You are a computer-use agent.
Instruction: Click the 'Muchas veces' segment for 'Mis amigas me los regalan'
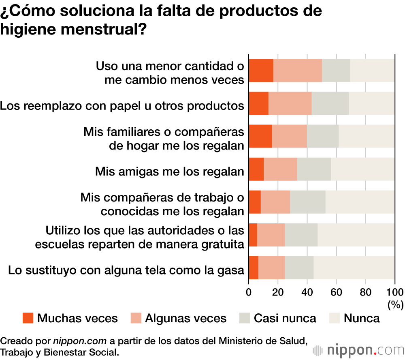coord(256,169)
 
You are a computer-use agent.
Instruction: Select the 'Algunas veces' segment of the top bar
coord(297,71)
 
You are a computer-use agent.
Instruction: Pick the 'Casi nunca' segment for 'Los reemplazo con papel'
coord(330,103)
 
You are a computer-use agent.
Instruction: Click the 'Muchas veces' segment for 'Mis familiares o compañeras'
coord(260,136)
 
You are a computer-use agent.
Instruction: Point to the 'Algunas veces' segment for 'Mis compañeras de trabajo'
coord(275,202)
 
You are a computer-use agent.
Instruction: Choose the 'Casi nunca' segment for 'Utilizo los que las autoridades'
coord(301,235)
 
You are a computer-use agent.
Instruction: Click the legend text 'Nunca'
coord(362,318)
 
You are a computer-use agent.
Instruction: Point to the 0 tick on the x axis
coord(249,293)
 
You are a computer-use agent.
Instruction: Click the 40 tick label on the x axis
coord(307,293)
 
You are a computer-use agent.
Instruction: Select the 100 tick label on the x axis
coord(395,293)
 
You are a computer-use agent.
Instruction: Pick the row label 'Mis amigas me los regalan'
coord(170,171)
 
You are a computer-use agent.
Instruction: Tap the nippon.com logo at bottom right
coord(358,350)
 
